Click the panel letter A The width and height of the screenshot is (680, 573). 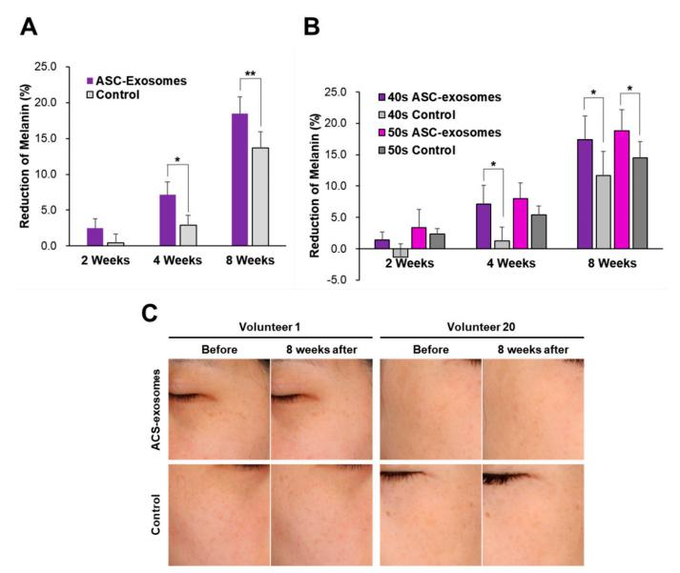30,31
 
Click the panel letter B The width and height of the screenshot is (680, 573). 311,31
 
